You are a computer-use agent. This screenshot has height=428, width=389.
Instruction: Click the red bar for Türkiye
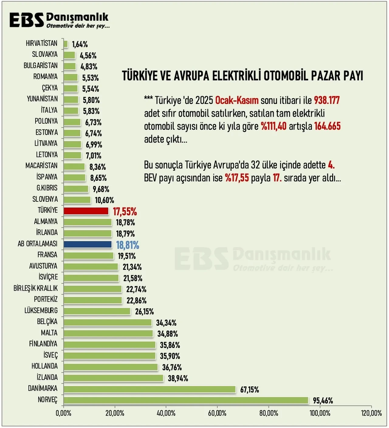click(86, 211)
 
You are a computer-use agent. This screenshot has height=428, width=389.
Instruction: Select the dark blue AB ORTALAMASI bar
click(88, 245)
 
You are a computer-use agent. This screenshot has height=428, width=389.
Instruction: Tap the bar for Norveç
click(186, 400)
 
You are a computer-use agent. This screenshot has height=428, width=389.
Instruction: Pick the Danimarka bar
click(150, 389)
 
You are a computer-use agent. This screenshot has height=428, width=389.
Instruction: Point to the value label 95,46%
click(323, 401)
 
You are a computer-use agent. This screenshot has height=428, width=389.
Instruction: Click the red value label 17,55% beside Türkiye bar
click(125, 211)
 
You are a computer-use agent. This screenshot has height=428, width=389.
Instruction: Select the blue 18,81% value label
click(127, 245)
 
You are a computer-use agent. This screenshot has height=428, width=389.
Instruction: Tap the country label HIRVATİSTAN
click(42, 43)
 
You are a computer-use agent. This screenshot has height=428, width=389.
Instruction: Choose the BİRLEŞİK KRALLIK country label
click(36, 288)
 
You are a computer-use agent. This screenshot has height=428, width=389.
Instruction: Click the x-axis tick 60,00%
click(217, 413)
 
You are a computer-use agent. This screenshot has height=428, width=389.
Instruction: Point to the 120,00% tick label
click(371, 413)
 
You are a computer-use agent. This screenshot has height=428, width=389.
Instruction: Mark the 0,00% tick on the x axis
click(64, 413)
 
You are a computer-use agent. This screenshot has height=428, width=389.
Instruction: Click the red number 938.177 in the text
click(327, 100)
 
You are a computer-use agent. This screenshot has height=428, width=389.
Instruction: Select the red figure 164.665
click(327, 126)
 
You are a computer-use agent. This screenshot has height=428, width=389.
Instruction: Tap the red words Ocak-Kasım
click(237, 100)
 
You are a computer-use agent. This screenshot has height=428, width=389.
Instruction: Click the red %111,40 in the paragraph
click(274, 126)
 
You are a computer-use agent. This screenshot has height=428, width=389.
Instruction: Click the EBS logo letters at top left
click(27, 20)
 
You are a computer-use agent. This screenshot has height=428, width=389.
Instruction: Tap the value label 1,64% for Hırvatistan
click(80, 44)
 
